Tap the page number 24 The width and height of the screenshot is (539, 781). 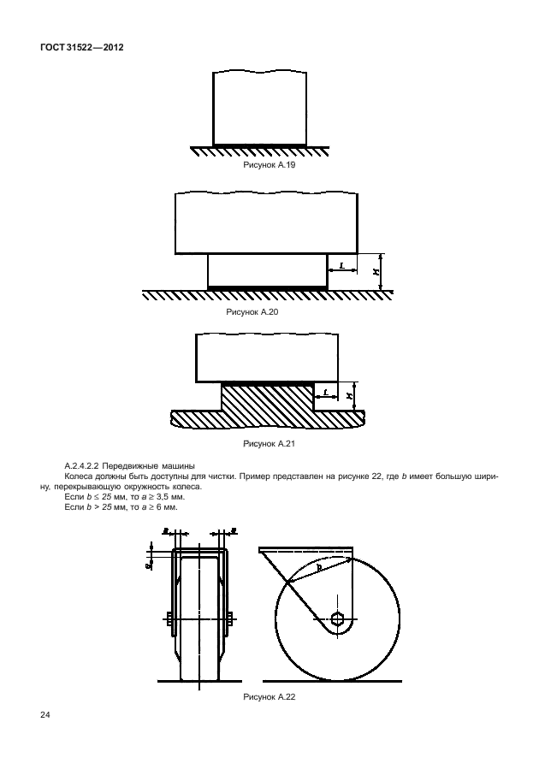click(x=45, y=715)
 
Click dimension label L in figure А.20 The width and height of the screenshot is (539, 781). click(x=342, y=266)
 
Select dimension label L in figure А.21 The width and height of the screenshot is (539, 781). click(x=326, y=392)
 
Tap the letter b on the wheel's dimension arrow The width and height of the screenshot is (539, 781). click(x=317, y=566)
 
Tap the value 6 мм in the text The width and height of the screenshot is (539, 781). click(x=163, y=506)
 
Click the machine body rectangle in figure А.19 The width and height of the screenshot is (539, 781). click(x=259, y=107)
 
